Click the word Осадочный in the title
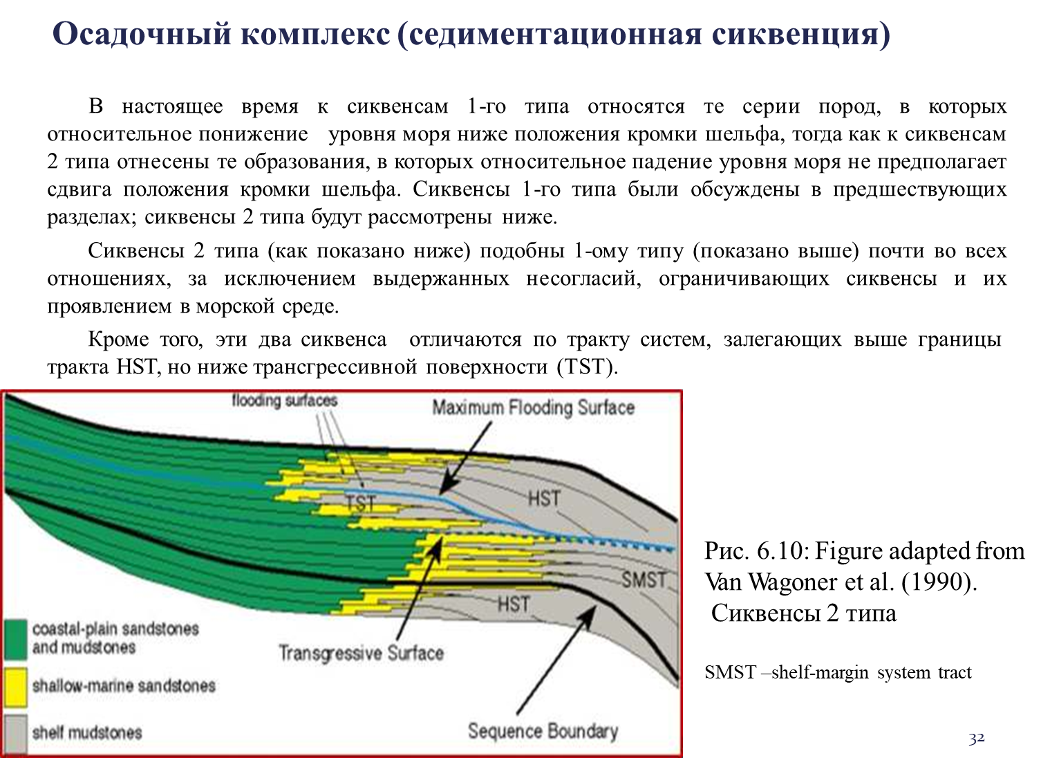coord(141,34)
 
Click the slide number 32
coord(976,738)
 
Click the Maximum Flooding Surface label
coord(533,407)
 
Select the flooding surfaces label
coord(284,400)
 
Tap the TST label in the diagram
coord(360,503)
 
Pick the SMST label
coord(644,580)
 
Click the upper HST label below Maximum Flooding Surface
coord(544,498)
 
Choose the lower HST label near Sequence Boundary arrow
coord(514,604)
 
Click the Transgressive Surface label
coord(361,653)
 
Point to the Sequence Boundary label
coord(543,731)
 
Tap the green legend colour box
coord(15,638)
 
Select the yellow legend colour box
coord(15,686)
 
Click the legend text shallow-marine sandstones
coord(124,686)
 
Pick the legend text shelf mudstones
coord(87,732)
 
